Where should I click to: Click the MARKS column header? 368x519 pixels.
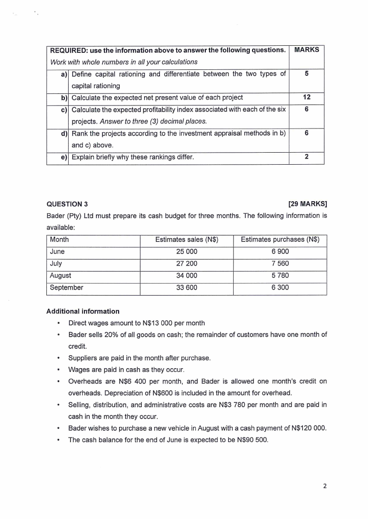pyautogui.click(x=306, y=50)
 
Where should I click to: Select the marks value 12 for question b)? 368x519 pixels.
pyautogui.click(x=306, y=98)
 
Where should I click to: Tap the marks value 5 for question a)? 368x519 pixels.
pyautogui.click(x=306, y=74)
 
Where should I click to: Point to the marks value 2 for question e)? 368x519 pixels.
pyautogui.click(x=306, y=157)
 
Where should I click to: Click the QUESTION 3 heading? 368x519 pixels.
pyautogui.click(x=67, y=204)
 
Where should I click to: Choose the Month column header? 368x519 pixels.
pyautogui.click(x=59, y=240)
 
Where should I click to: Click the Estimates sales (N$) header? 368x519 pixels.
pyautogui.click(x=186, y=240)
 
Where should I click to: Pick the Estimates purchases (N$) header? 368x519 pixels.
pyautogui.click(x=280, y=240)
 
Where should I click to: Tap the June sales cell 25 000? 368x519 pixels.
pyautogui.click(x=186, y=252)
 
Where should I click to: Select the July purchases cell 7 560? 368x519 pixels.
pyautogui.click(x=280, y=264)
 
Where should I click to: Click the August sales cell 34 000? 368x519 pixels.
pyautogui.click(x=186, y=276)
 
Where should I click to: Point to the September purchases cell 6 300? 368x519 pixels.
pyautogui.click(x=280, y=288)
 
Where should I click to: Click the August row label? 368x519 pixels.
pyautogui.click(x=61, y=276)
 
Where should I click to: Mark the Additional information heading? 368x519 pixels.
pyautogui.click(x=83, y=311)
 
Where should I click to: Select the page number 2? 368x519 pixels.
pyautogui.click(x=324, y=486)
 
